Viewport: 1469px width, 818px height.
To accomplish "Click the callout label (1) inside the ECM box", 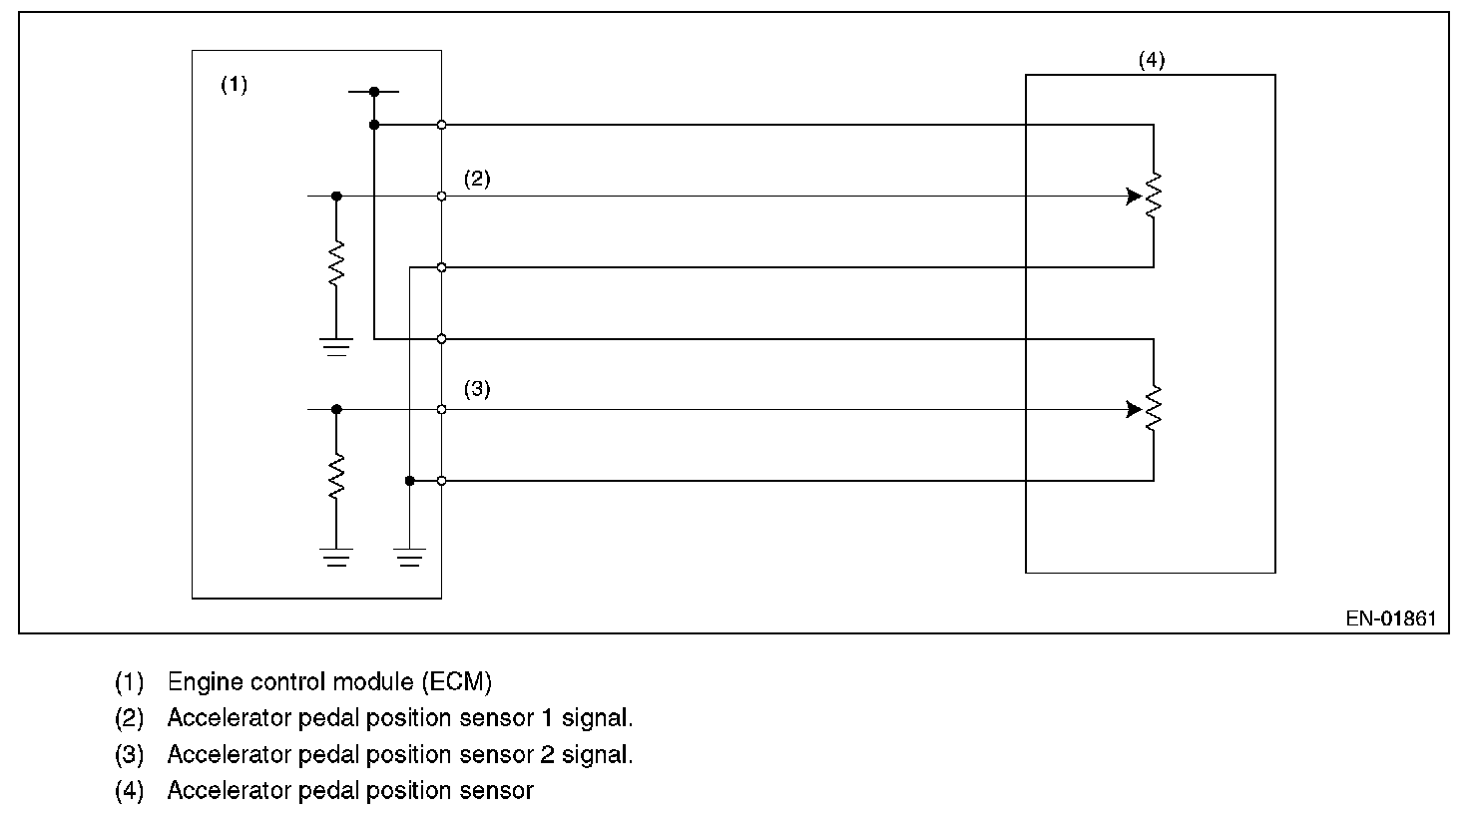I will (234, 85).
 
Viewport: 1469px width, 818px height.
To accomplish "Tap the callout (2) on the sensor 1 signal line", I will (477, 180).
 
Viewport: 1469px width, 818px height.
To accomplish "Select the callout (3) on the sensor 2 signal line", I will (477, 389).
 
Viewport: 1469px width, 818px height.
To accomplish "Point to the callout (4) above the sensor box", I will (1151, 60).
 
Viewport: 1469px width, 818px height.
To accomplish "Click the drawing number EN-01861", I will (1390, 618).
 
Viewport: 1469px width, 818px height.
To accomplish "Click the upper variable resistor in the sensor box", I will (1154, 196).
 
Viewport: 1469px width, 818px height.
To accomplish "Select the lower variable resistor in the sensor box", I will (1154, 409).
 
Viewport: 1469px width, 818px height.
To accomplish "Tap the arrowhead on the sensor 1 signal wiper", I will (1133, 197).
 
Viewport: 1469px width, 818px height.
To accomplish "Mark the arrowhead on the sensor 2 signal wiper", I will (1133, 409).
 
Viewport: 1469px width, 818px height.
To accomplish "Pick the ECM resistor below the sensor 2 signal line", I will (336, 476).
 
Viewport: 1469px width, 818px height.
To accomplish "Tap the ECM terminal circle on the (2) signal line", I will (441, 197).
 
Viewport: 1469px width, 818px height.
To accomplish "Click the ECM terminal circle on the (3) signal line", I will (441, 409).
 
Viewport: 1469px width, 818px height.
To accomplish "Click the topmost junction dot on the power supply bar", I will (374, 92).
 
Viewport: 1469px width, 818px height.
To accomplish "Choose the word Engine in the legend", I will (200, 682).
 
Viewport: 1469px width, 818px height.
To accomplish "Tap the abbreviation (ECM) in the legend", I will (456, 682).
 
